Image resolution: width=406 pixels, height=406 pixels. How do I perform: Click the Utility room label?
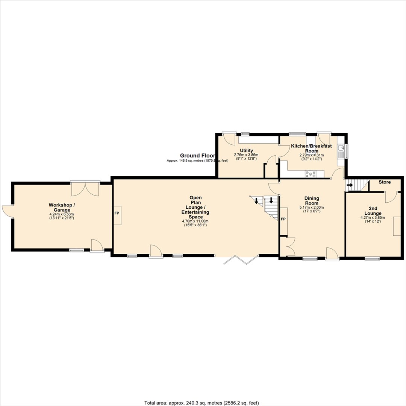pos(246,151)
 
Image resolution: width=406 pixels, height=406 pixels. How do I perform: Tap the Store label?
pos(385,182)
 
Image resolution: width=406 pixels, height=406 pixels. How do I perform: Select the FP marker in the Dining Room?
pos(283,219)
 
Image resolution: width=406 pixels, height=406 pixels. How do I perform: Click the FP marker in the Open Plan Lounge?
pos(117,214)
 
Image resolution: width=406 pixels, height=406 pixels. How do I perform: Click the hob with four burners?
pos(310,174)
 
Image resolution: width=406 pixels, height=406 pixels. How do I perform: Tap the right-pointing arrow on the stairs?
pos(350,185)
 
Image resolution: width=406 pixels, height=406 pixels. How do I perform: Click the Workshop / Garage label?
pos(62,208)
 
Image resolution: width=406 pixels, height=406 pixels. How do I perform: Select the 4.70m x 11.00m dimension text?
pos(195,221)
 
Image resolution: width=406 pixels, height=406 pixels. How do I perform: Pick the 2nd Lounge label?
pos(373,211)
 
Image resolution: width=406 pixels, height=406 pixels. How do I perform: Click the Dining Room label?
pos(312,201)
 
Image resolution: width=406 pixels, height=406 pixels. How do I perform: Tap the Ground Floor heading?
pos(198,156)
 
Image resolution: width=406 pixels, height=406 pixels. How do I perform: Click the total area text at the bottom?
pos(202,403)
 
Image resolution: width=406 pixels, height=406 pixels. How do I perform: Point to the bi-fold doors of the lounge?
pos(241,260)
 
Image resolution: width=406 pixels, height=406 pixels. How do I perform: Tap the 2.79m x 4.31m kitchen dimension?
pos(312,155)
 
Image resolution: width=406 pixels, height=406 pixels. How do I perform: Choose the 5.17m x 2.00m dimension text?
pos(312,208)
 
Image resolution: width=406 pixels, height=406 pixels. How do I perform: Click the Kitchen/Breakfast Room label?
pos(312,148)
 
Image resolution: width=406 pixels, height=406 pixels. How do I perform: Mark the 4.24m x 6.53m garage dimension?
pos(62,214)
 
